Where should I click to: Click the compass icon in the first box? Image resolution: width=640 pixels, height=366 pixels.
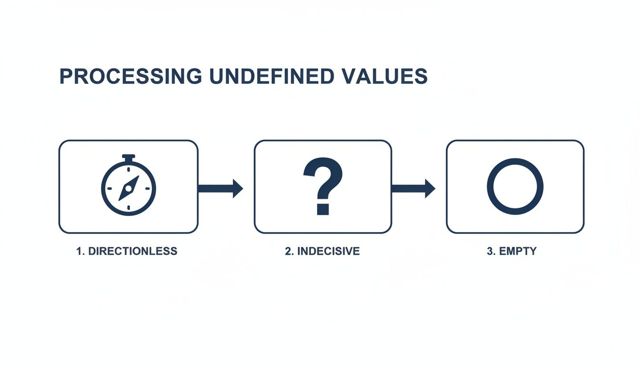[x=129, y=186]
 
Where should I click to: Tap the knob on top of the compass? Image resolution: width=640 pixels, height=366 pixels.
[x=129, y=157]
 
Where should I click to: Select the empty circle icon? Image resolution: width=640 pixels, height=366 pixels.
[x=515, y=186]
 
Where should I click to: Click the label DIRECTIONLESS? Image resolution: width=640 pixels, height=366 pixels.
[x=133, y=251]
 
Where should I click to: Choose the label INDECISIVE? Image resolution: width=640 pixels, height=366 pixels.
[x=329, y=251]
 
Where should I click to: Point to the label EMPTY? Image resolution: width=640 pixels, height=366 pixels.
[x=518, y=251]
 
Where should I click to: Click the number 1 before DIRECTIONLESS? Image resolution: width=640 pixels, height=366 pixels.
[x=79, y=251]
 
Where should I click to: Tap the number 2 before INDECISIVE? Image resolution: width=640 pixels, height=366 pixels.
[x=288, y=251]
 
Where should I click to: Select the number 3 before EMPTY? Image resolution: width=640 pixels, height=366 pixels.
[x=490, y=251]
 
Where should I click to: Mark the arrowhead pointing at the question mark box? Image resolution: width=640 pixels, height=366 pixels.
[x=238, y=188]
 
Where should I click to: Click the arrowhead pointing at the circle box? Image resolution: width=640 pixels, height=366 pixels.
[x=430, y=188]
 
